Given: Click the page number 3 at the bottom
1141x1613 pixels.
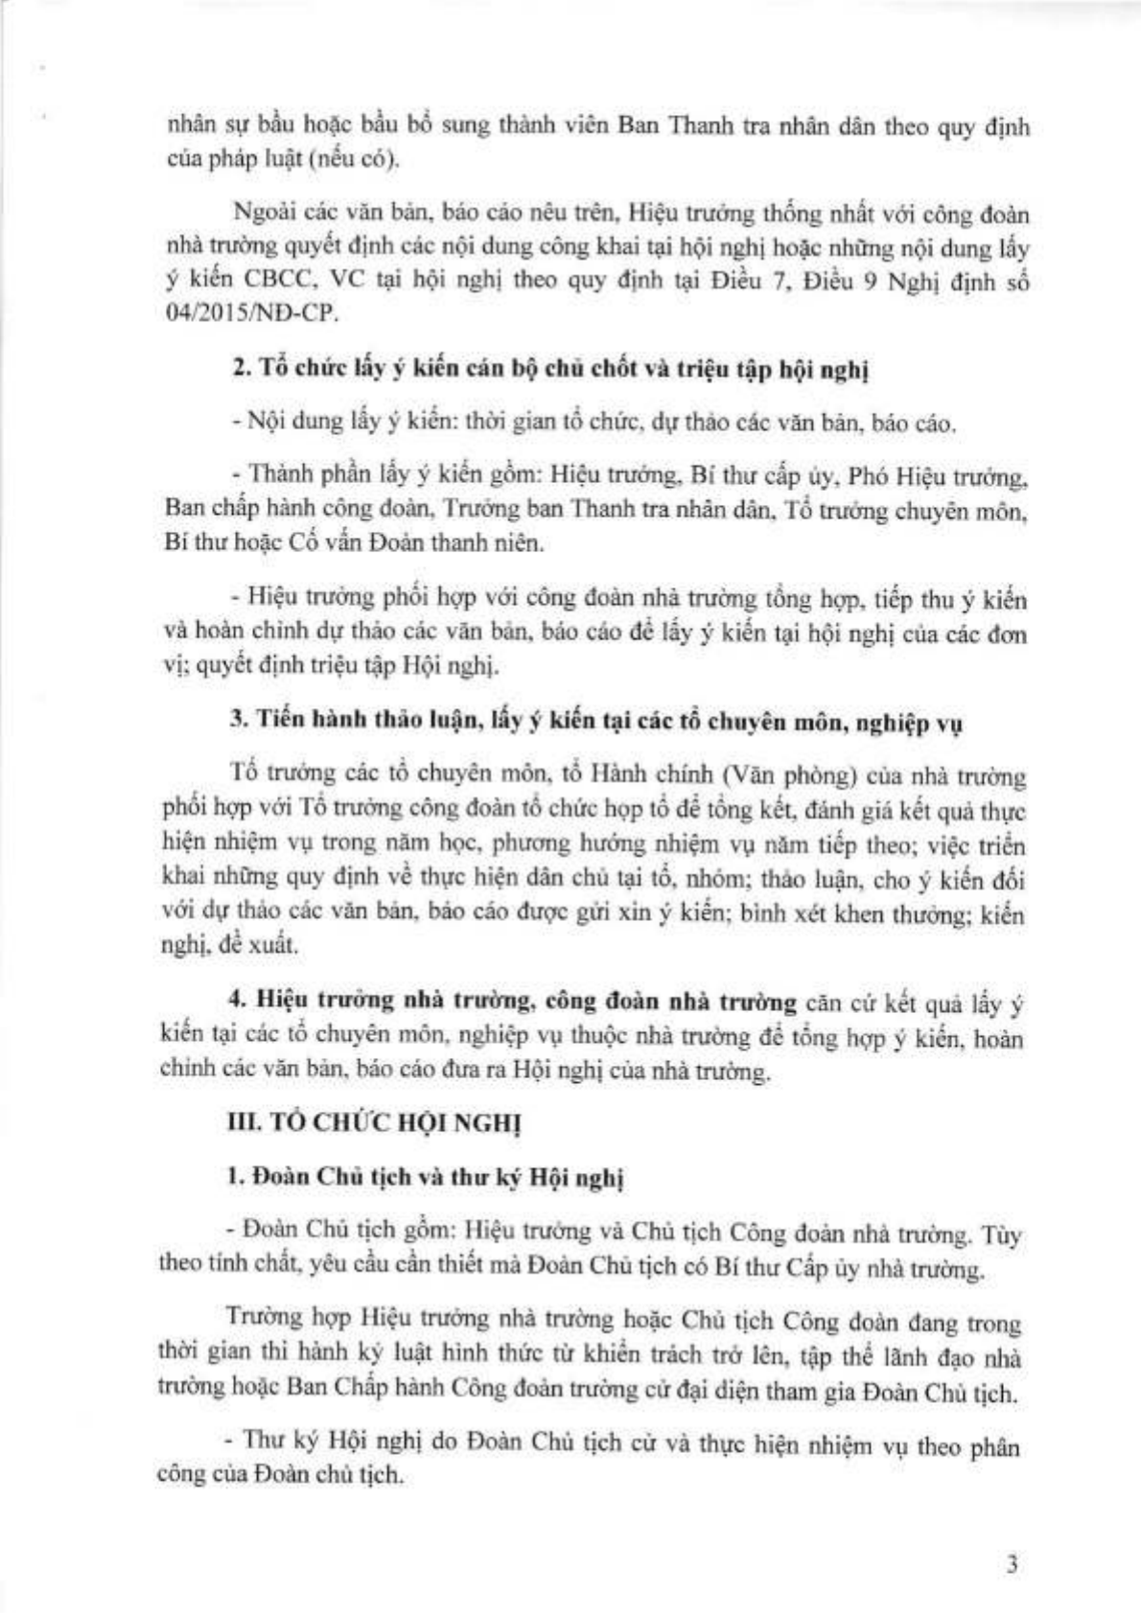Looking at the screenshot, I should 1012,1565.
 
